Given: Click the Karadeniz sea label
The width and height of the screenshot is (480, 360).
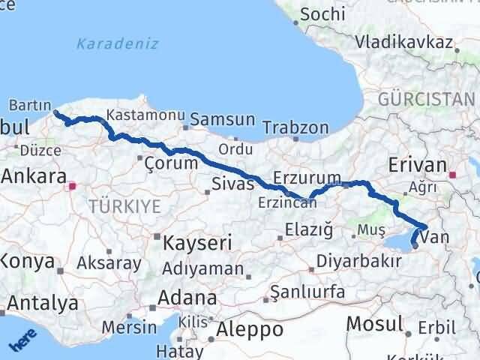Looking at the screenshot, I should [117, 43].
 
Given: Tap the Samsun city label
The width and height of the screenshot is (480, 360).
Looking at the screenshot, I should [223, 119].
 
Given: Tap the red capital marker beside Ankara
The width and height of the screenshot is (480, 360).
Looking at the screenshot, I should [73, 185].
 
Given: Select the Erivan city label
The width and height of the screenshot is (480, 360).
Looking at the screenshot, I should [417, 165].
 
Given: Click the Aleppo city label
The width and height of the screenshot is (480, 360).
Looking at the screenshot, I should [250, 329].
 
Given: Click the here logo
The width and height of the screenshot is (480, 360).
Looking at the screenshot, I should [22, 340].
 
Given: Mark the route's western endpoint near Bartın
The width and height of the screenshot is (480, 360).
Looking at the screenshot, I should [56, 113].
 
